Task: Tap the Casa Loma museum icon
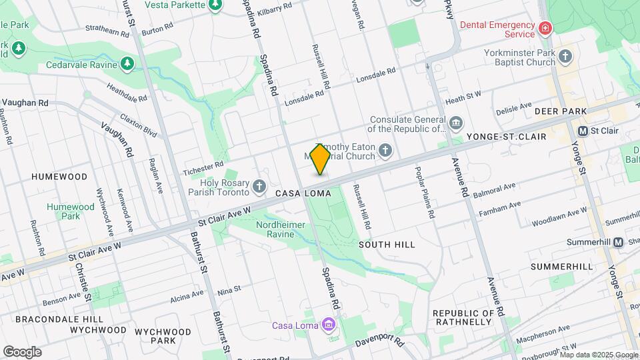point(327,325)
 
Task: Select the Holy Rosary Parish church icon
point(259,185)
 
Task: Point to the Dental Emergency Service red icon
point(545,28)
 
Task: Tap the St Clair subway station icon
point(583,131)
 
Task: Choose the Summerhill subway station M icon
point(618,242)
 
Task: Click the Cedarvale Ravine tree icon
point(127,64)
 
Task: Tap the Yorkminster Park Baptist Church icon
point(566,56)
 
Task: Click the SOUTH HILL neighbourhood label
point(387,245)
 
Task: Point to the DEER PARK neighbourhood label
point(560,111)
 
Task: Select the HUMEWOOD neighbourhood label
point(59,177)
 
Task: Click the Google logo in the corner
point(22,352)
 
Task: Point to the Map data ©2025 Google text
point(598,355)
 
